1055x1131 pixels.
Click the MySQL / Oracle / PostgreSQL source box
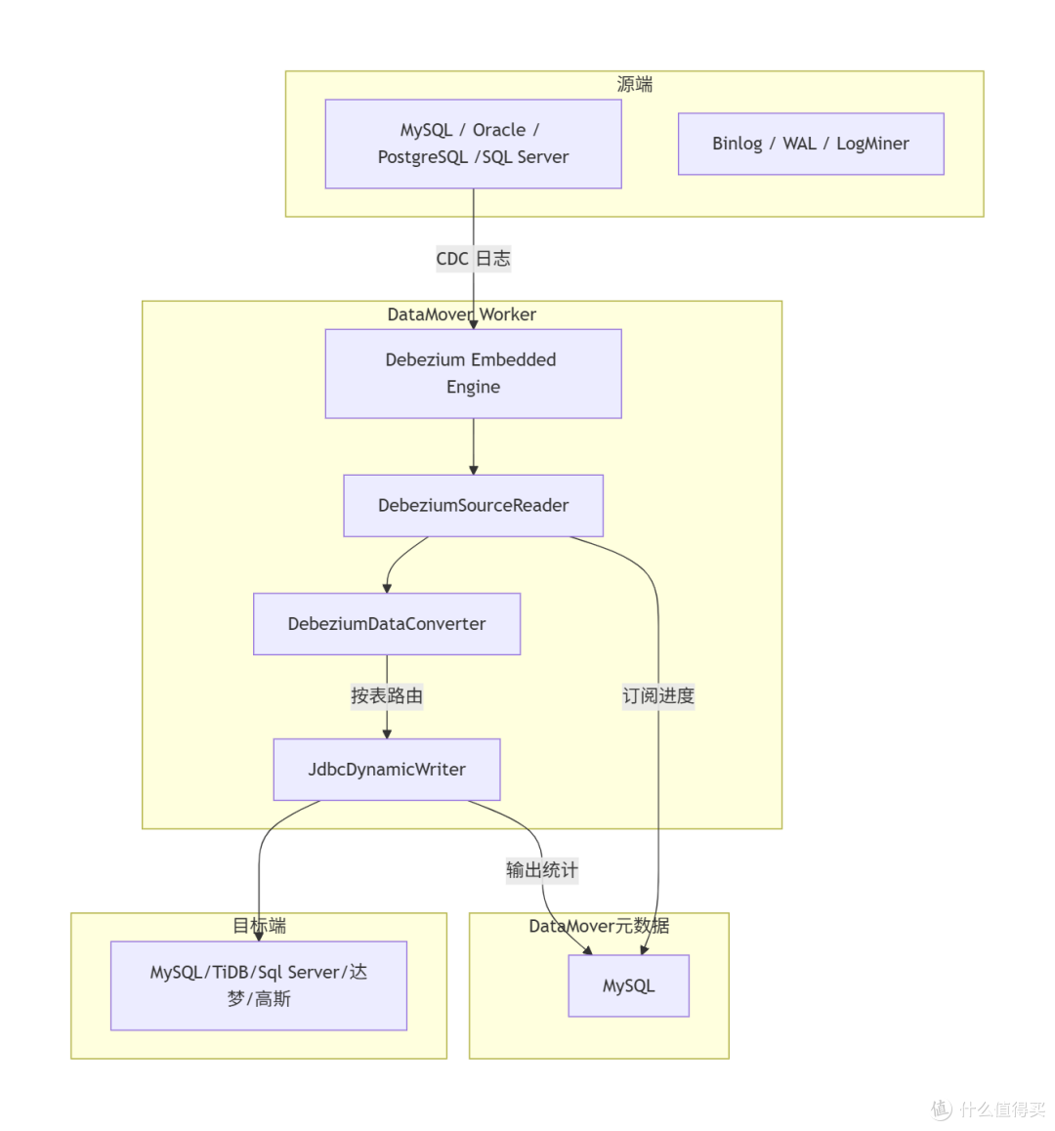click(x=474, y=144)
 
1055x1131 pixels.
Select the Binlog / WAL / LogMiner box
click(x=811, y=144)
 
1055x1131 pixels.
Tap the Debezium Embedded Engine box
click(x=474, y=374)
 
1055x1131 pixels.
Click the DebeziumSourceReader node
click(x=474, y=506)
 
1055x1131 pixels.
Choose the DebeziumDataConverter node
click(x=387, y=624)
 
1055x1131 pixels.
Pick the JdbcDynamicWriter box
click(x=387, y=770)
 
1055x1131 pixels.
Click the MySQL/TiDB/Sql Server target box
click(x=258, y=985)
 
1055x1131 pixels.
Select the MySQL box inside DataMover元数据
click(x=628, y=986)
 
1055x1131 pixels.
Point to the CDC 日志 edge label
click(x=474, y=258)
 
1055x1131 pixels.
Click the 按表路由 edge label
click(x=387, y=696)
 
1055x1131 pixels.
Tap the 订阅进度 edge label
click(x=658, y=696)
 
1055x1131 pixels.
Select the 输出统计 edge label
click(x=542, y=870)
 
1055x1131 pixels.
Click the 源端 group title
click(x=635, y=84)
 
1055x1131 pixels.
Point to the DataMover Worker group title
click(x=462, y=314)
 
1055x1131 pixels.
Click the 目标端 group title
click(x=259, y=926)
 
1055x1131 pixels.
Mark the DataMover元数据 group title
click(x=599, y=926)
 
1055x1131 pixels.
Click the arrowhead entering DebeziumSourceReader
click(x=474, y=471)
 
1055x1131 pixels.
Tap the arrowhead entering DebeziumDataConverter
click(x=387, y=589)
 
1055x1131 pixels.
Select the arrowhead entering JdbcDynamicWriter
click(x=387, y=734)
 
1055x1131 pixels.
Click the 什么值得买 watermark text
click(x=1002, y=1109)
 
